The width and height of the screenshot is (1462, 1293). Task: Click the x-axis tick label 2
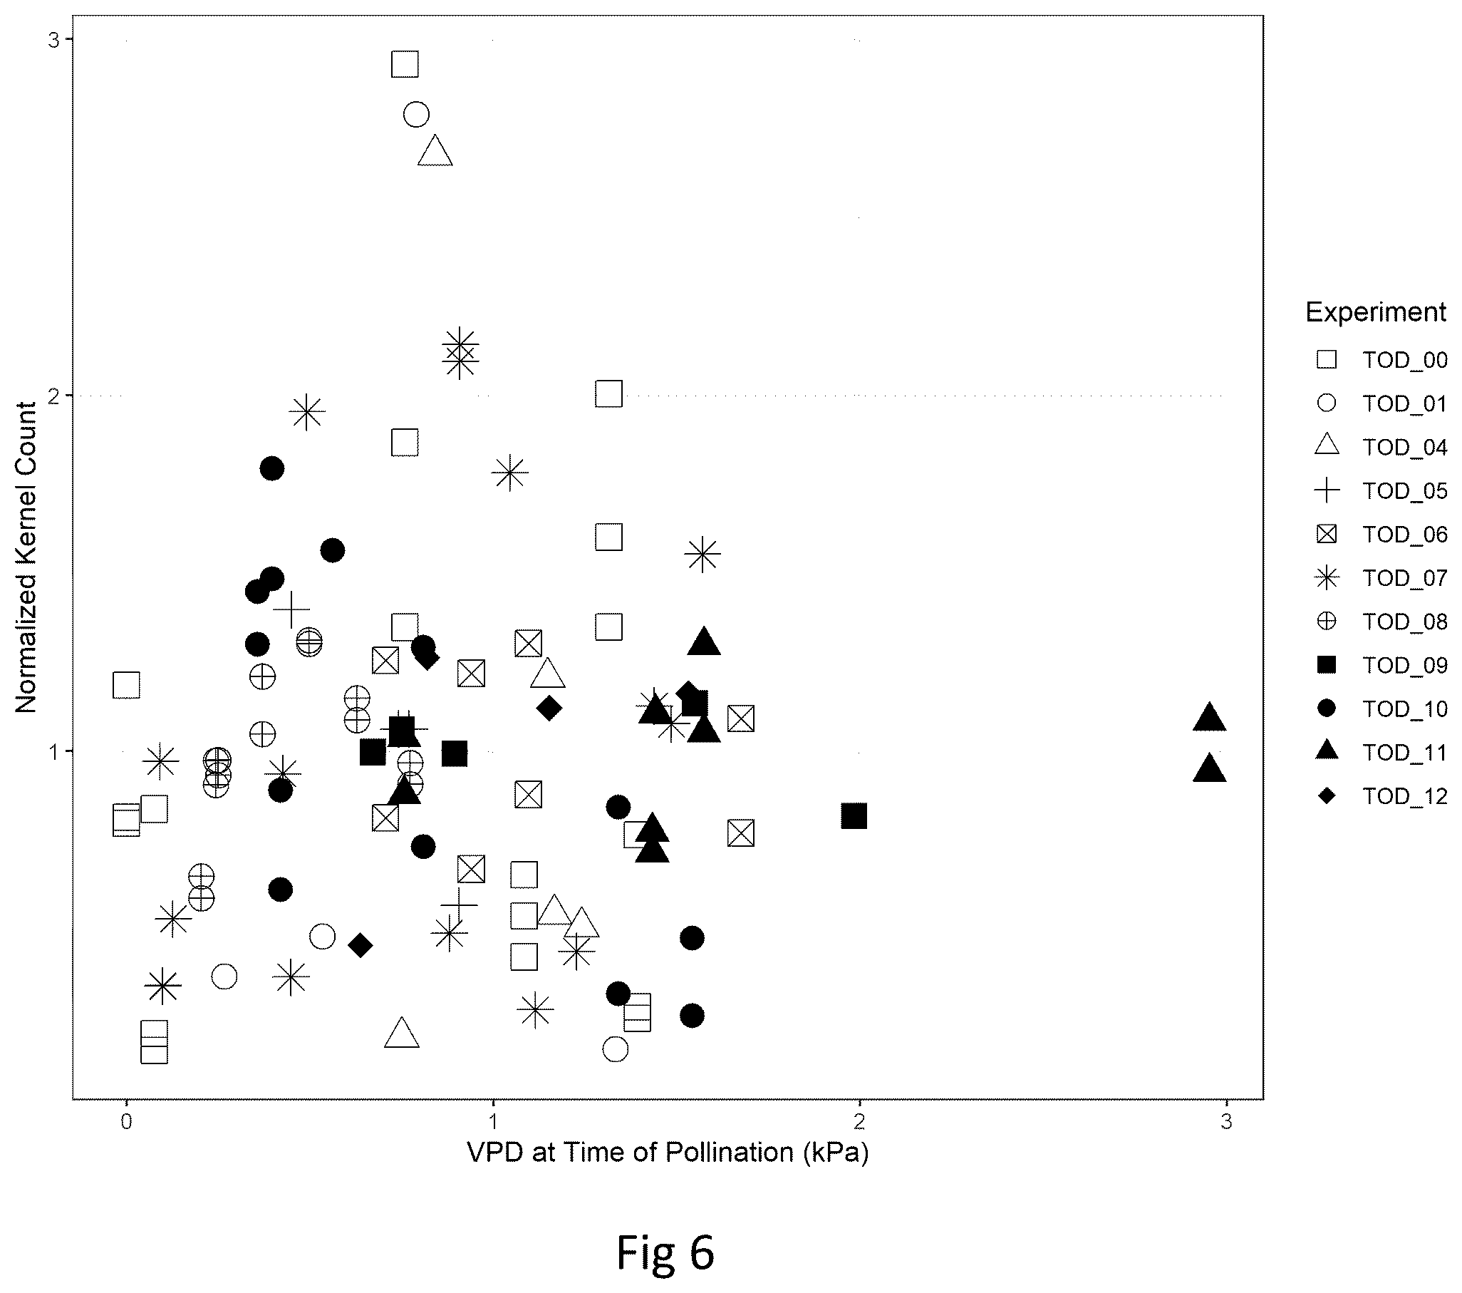[859, 1122]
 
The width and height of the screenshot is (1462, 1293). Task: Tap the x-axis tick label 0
[127, 1122]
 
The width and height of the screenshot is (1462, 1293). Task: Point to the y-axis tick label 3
[54, 40]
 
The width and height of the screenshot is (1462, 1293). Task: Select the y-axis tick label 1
[54, 752]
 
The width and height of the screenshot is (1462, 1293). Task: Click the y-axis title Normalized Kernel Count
[26, 558]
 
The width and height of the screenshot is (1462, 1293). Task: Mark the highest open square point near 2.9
[405, 64]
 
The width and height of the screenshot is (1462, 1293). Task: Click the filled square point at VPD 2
[854, 815]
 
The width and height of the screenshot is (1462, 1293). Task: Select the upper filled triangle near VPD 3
[1210, 718]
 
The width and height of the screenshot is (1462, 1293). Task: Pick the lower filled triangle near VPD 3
[1210, 769]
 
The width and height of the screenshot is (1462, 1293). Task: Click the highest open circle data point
[416, 114]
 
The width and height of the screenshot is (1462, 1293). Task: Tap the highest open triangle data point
[435, 151]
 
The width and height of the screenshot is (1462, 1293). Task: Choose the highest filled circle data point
[272, 469]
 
